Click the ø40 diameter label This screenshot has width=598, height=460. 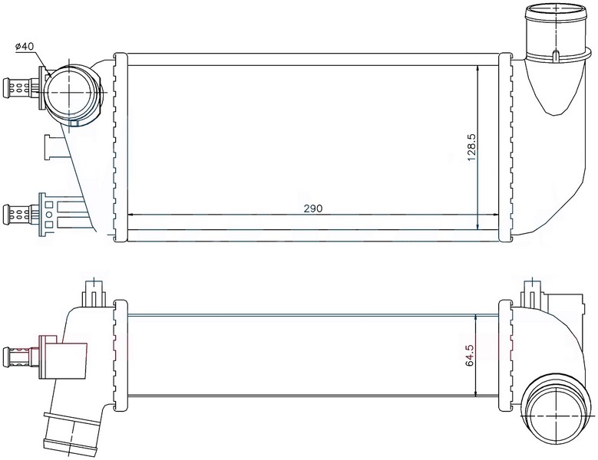[x=25, y=47]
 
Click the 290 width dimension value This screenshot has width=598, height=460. [x=313, y=209]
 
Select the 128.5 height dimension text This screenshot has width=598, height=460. [x=472, y=147]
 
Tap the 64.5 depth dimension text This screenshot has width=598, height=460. [x=470, y=355]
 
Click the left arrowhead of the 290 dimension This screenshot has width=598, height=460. [x=130, y=215]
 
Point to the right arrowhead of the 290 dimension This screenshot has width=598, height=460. [x=496, y=215]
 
